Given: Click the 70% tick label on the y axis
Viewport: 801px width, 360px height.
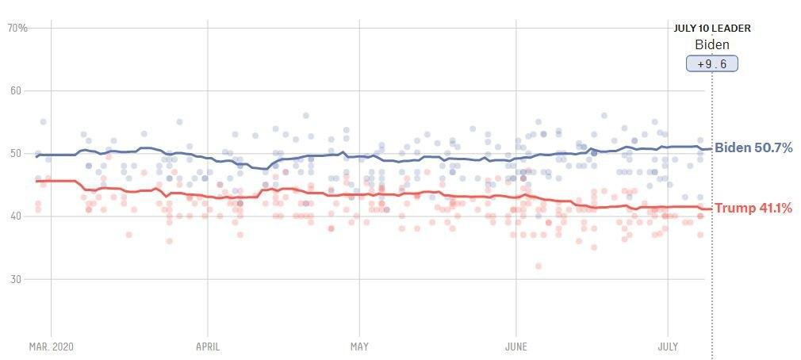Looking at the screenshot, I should pos(17,28).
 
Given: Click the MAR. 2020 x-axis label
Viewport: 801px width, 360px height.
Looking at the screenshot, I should pos(52,347).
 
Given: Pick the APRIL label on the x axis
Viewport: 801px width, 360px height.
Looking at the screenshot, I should pos(208,347).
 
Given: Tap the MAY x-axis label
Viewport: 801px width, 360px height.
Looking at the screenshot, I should pos(359,347).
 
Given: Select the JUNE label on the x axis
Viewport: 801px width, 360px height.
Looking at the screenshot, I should pos(516,347).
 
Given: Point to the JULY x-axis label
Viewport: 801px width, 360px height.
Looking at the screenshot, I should pos(668,347).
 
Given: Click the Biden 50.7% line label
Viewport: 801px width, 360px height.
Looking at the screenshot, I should pos(753,147).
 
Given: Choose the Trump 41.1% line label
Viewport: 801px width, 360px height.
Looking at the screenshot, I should pos(753,209).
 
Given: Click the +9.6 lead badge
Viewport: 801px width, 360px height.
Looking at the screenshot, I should pos(712,64).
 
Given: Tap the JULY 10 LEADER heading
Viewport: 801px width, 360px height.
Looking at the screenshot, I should pos(712,29).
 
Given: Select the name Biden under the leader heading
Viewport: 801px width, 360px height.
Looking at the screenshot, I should pos(711,45).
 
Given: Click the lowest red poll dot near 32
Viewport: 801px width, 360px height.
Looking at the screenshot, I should pos(538,266).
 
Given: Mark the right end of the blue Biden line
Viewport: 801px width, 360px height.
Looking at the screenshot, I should pos(711,149).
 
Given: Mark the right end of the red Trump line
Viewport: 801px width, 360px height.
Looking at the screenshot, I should pos(711,209).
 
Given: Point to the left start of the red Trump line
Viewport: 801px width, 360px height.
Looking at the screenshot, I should pos(36,182).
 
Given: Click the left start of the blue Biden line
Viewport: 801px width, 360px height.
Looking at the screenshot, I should pos(36,156).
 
